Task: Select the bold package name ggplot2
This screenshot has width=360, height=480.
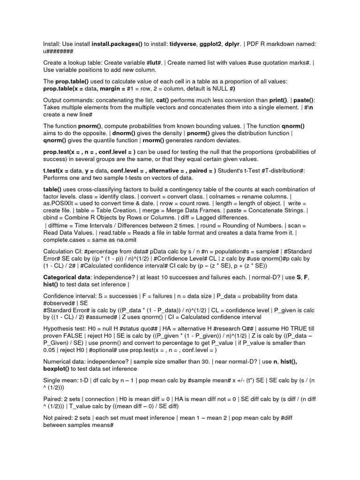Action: [x=227, y=44]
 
